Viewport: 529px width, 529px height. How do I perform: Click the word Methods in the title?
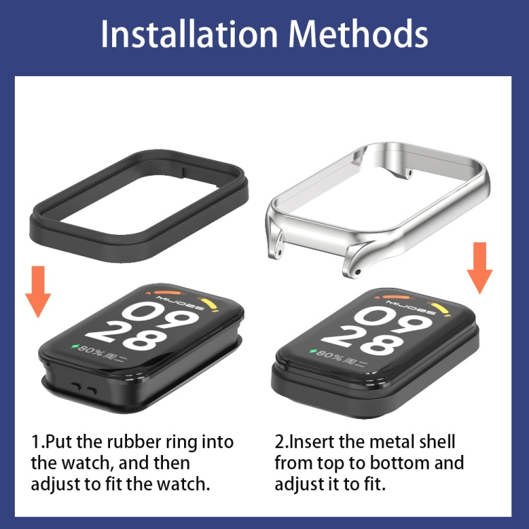coord(358,35)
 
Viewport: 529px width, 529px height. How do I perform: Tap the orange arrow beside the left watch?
coord(39,291)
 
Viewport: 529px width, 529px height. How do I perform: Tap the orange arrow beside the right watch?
coord(481,267)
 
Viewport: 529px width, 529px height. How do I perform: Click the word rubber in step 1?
coord(130,442)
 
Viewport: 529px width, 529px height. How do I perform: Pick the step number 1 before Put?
coord(35,442)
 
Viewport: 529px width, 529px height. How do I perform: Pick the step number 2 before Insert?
coord(279,442)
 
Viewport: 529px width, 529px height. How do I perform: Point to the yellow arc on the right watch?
coord(442,310)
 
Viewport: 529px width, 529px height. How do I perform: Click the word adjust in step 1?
coord(56,485)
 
